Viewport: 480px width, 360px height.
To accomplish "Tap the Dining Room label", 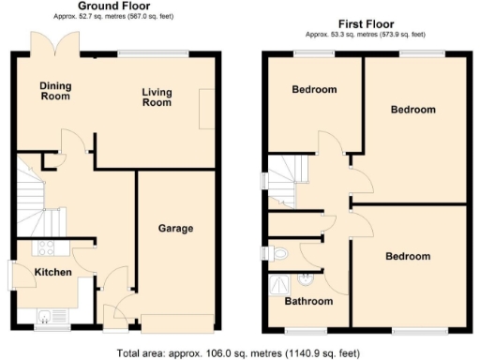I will (x=54, y=91).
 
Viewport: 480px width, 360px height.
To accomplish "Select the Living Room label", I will (x=157, y=97).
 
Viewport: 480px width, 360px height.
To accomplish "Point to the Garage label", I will (x=174, y=228).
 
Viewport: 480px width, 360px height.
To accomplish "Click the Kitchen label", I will (x=53, y=272).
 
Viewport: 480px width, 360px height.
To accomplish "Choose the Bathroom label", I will (x=308, y=301).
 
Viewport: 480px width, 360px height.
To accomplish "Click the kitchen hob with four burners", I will (x=46, y=248).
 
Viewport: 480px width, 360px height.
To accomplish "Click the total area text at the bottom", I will (x=239, y=353).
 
